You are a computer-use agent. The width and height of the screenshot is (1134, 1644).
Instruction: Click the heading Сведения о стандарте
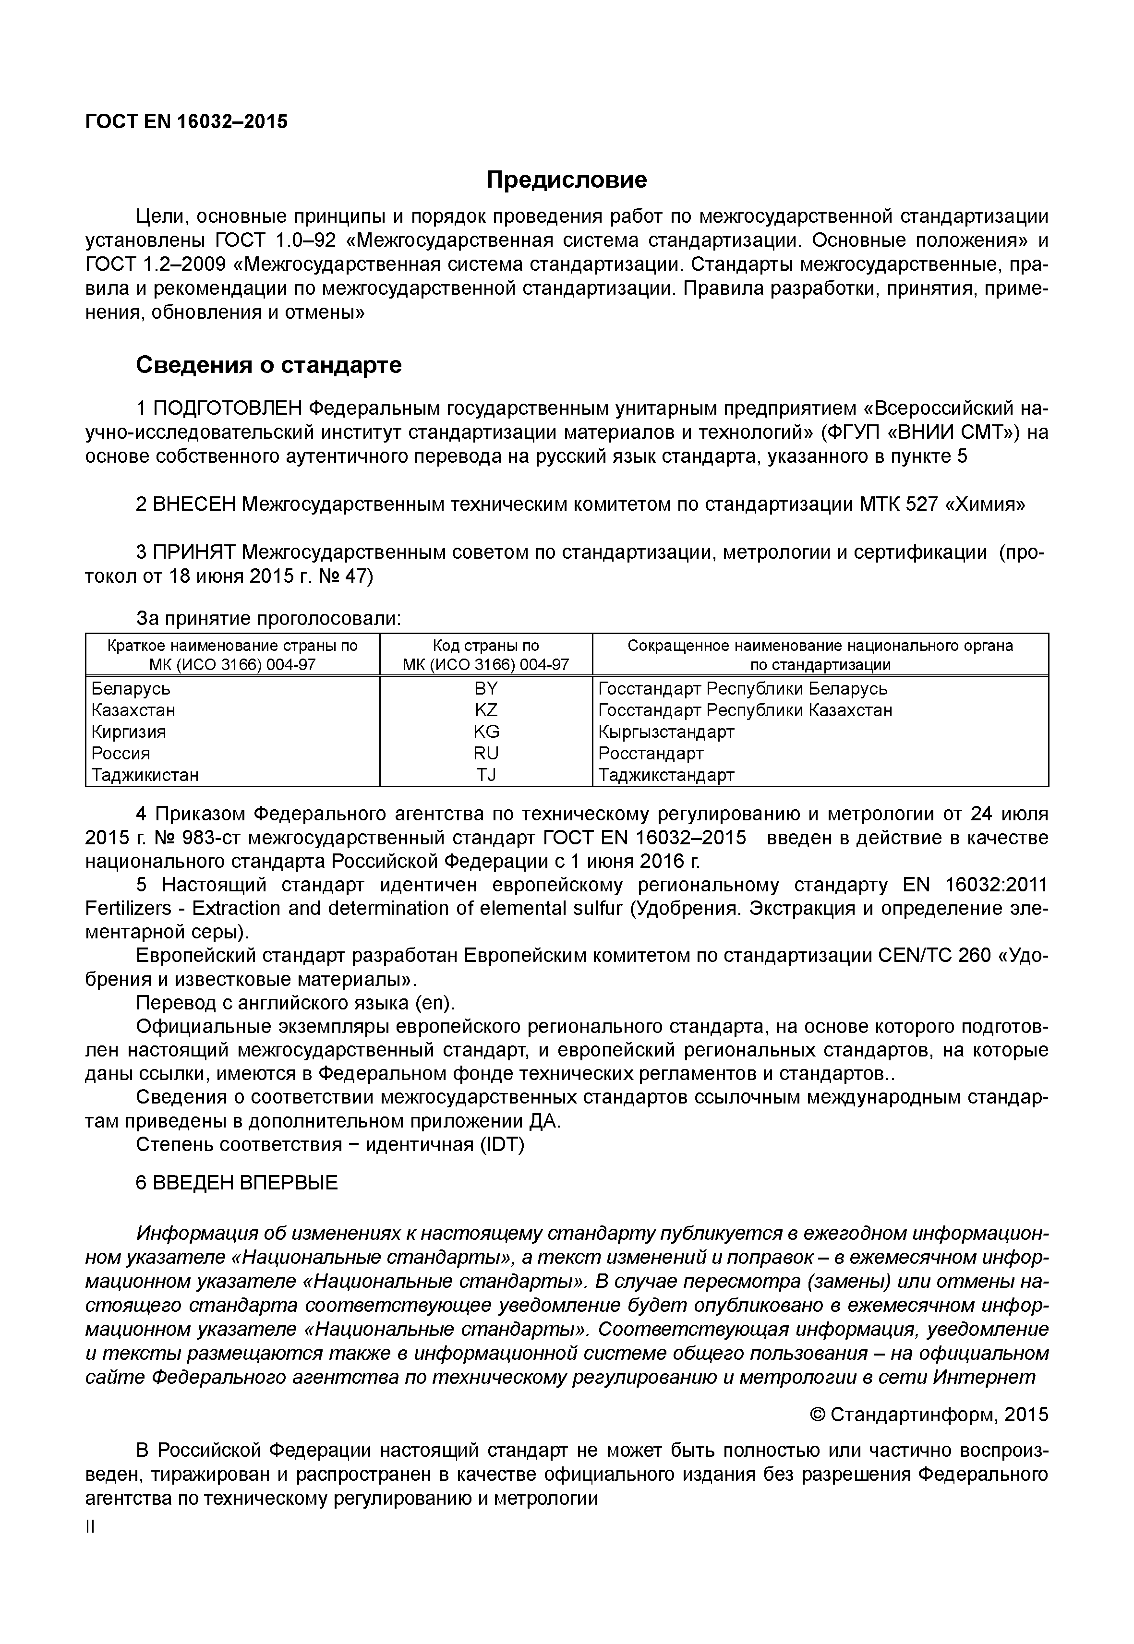(x=268, y=365)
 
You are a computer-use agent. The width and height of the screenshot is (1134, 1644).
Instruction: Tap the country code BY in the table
(x=486, y=688)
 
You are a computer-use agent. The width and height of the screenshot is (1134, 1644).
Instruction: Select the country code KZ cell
(x=486, y=710)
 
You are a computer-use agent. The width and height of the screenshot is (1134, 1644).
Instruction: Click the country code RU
(x=486, y=753)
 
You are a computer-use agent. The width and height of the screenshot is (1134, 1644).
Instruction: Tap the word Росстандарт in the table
(x=651, y=753)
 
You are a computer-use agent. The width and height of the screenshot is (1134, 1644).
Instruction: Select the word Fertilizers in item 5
(x=128, y=909)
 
